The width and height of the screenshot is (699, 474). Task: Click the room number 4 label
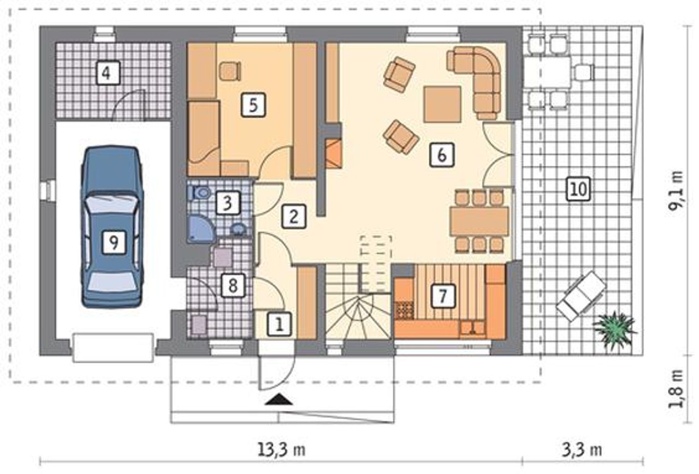point(108,73)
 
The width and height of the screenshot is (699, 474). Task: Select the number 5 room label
point(253,105)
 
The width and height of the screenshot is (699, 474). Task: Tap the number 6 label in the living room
point(442,155)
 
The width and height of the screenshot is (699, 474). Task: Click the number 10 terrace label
point(578,189)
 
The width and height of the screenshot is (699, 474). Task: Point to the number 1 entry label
point(279,325)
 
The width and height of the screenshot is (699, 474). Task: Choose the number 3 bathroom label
point(228,203)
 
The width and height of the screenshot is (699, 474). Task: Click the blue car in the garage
point(112,227)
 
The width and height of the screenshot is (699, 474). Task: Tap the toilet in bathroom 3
point(200,193)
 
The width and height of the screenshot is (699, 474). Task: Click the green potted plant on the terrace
point(614,331)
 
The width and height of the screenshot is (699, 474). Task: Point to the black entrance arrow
point(279,400)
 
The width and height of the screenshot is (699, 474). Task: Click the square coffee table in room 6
point(442,104)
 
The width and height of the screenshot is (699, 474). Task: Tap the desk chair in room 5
point(230,71)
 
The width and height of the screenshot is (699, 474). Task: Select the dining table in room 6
point(479,221)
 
